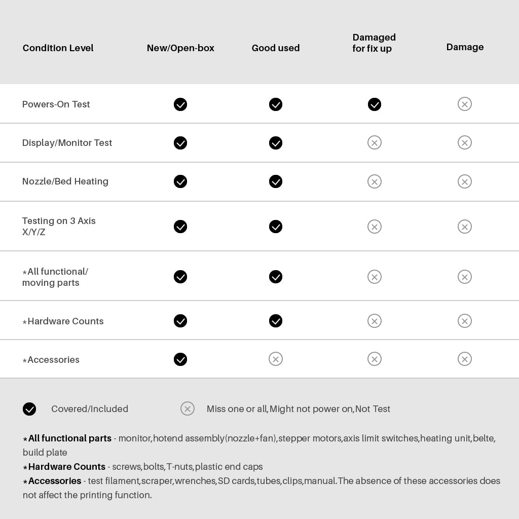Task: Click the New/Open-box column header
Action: point(180,48)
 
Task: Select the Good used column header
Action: point(276,48)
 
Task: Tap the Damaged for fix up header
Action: point(374,43)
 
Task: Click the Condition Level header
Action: point(58,48)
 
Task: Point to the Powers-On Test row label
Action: point(56,104)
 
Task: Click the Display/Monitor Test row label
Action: point(67,143)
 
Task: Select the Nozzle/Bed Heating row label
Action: point(65,181)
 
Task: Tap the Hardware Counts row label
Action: point(65,321)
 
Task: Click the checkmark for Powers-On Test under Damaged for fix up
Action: point(375,104)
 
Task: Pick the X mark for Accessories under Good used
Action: point(276,359)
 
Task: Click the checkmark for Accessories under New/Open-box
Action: point(180,359)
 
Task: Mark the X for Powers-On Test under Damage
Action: point(465,104)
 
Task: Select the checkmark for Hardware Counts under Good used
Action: point(276,321)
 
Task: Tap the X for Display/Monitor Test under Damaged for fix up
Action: point(375,142)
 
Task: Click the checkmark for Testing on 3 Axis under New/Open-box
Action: point(180,227)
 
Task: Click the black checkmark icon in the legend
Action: point(29,409)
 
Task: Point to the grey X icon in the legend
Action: point(188,409)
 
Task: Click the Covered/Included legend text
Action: point(90,409)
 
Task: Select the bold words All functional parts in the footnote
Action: point(69,438)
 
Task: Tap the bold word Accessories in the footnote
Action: point(54,481)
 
